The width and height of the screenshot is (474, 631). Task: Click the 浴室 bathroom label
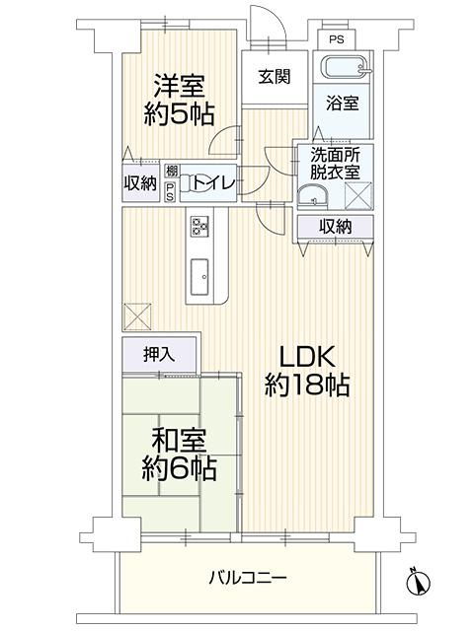coord(342,103)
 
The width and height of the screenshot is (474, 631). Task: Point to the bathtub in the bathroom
coord(342,67)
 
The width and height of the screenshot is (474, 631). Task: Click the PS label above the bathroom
coord(336,40)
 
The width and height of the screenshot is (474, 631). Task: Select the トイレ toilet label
coord(212,183)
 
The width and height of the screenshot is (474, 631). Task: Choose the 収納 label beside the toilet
coord(140,183)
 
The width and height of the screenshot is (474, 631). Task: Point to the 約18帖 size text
coord(307,386)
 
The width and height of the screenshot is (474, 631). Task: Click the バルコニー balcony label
coord(247,577)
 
